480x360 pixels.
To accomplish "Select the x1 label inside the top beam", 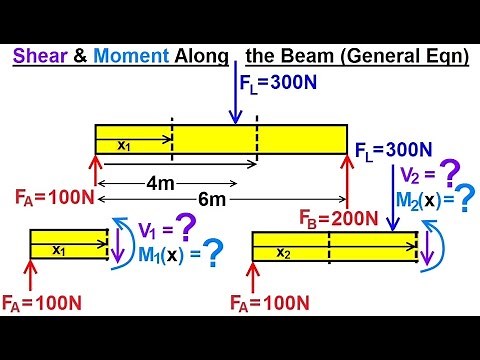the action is click(124, 145).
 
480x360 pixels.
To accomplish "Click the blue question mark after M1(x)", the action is click(211, 254).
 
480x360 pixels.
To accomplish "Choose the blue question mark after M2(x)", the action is click(463, 200).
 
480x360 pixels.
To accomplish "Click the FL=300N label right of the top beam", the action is click(394, 151).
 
